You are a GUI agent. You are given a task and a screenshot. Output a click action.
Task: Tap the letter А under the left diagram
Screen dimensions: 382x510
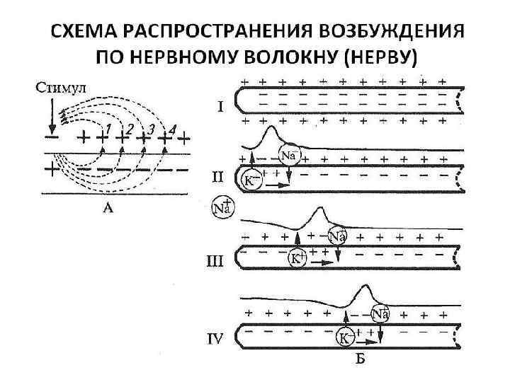[x=108, y=209]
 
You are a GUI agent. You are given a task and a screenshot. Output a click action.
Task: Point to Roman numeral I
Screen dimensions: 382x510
[x=220, y=108]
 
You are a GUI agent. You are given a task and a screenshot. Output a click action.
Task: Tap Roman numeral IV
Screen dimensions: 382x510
[x=216, y=340]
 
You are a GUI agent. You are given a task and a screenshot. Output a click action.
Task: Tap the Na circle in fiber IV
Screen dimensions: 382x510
[x=380, y=313]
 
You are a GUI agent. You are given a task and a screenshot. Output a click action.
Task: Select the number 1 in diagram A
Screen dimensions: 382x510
[x=108, y=127]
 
